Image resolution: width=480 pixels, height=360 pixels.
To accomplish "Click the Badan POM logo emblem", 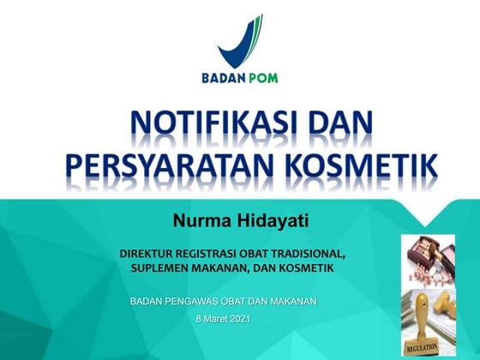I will point(239,39).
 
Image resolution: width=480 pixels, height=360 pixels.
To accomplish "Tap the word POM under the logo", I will point(262,78).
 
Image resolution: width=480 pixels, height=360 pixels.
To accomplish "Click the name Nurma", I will point(203,223).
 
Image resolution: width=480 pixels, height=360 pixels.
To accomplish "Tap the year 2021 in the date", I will point(242,319).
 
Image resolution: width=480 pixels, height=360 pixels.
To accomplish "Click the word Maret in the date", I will point(214,319).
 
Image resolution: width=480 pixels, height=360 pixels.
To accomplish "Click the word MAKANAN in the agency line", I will point(291,301).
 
